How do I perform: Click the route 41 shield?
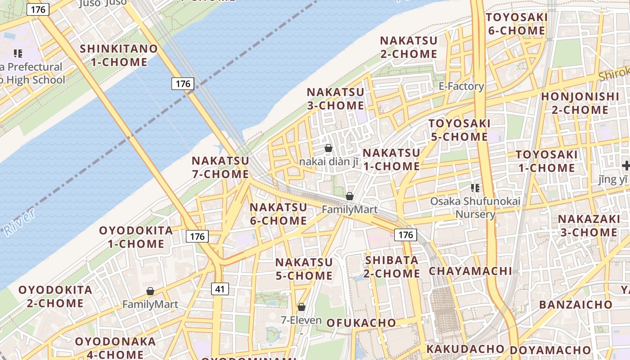[220, 289]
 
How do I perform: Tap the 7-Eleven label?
[301, 320]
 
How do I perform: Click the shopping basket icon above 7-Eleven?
[301, 307]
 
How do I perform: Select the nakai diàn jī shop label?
[330, 161]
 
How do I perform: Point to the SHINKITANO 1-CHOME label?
[119, 55]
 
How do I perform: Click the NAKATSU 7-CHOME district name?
[220, 167]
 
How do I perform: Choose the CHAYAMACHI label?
[470, 271]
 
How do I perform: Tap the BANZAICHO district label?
[576, 305]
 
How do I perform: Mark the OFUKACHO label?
[361, 323]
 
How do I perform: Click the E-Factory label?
[461, 86]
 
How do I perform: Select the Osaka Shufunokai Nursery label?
[475, 207]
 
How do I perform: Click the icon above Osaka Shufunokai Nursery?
[475, 188]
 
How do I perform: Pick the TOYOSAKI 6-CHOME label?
[517, 24]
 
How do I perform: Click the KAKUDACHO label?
[465, 349]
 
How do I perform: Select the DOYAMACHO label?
[550, 350]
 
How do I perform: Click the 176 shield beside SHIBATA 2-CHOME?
[405, 234]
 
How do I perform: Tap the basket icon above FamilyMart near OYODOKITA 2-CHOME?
[150, 291]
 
